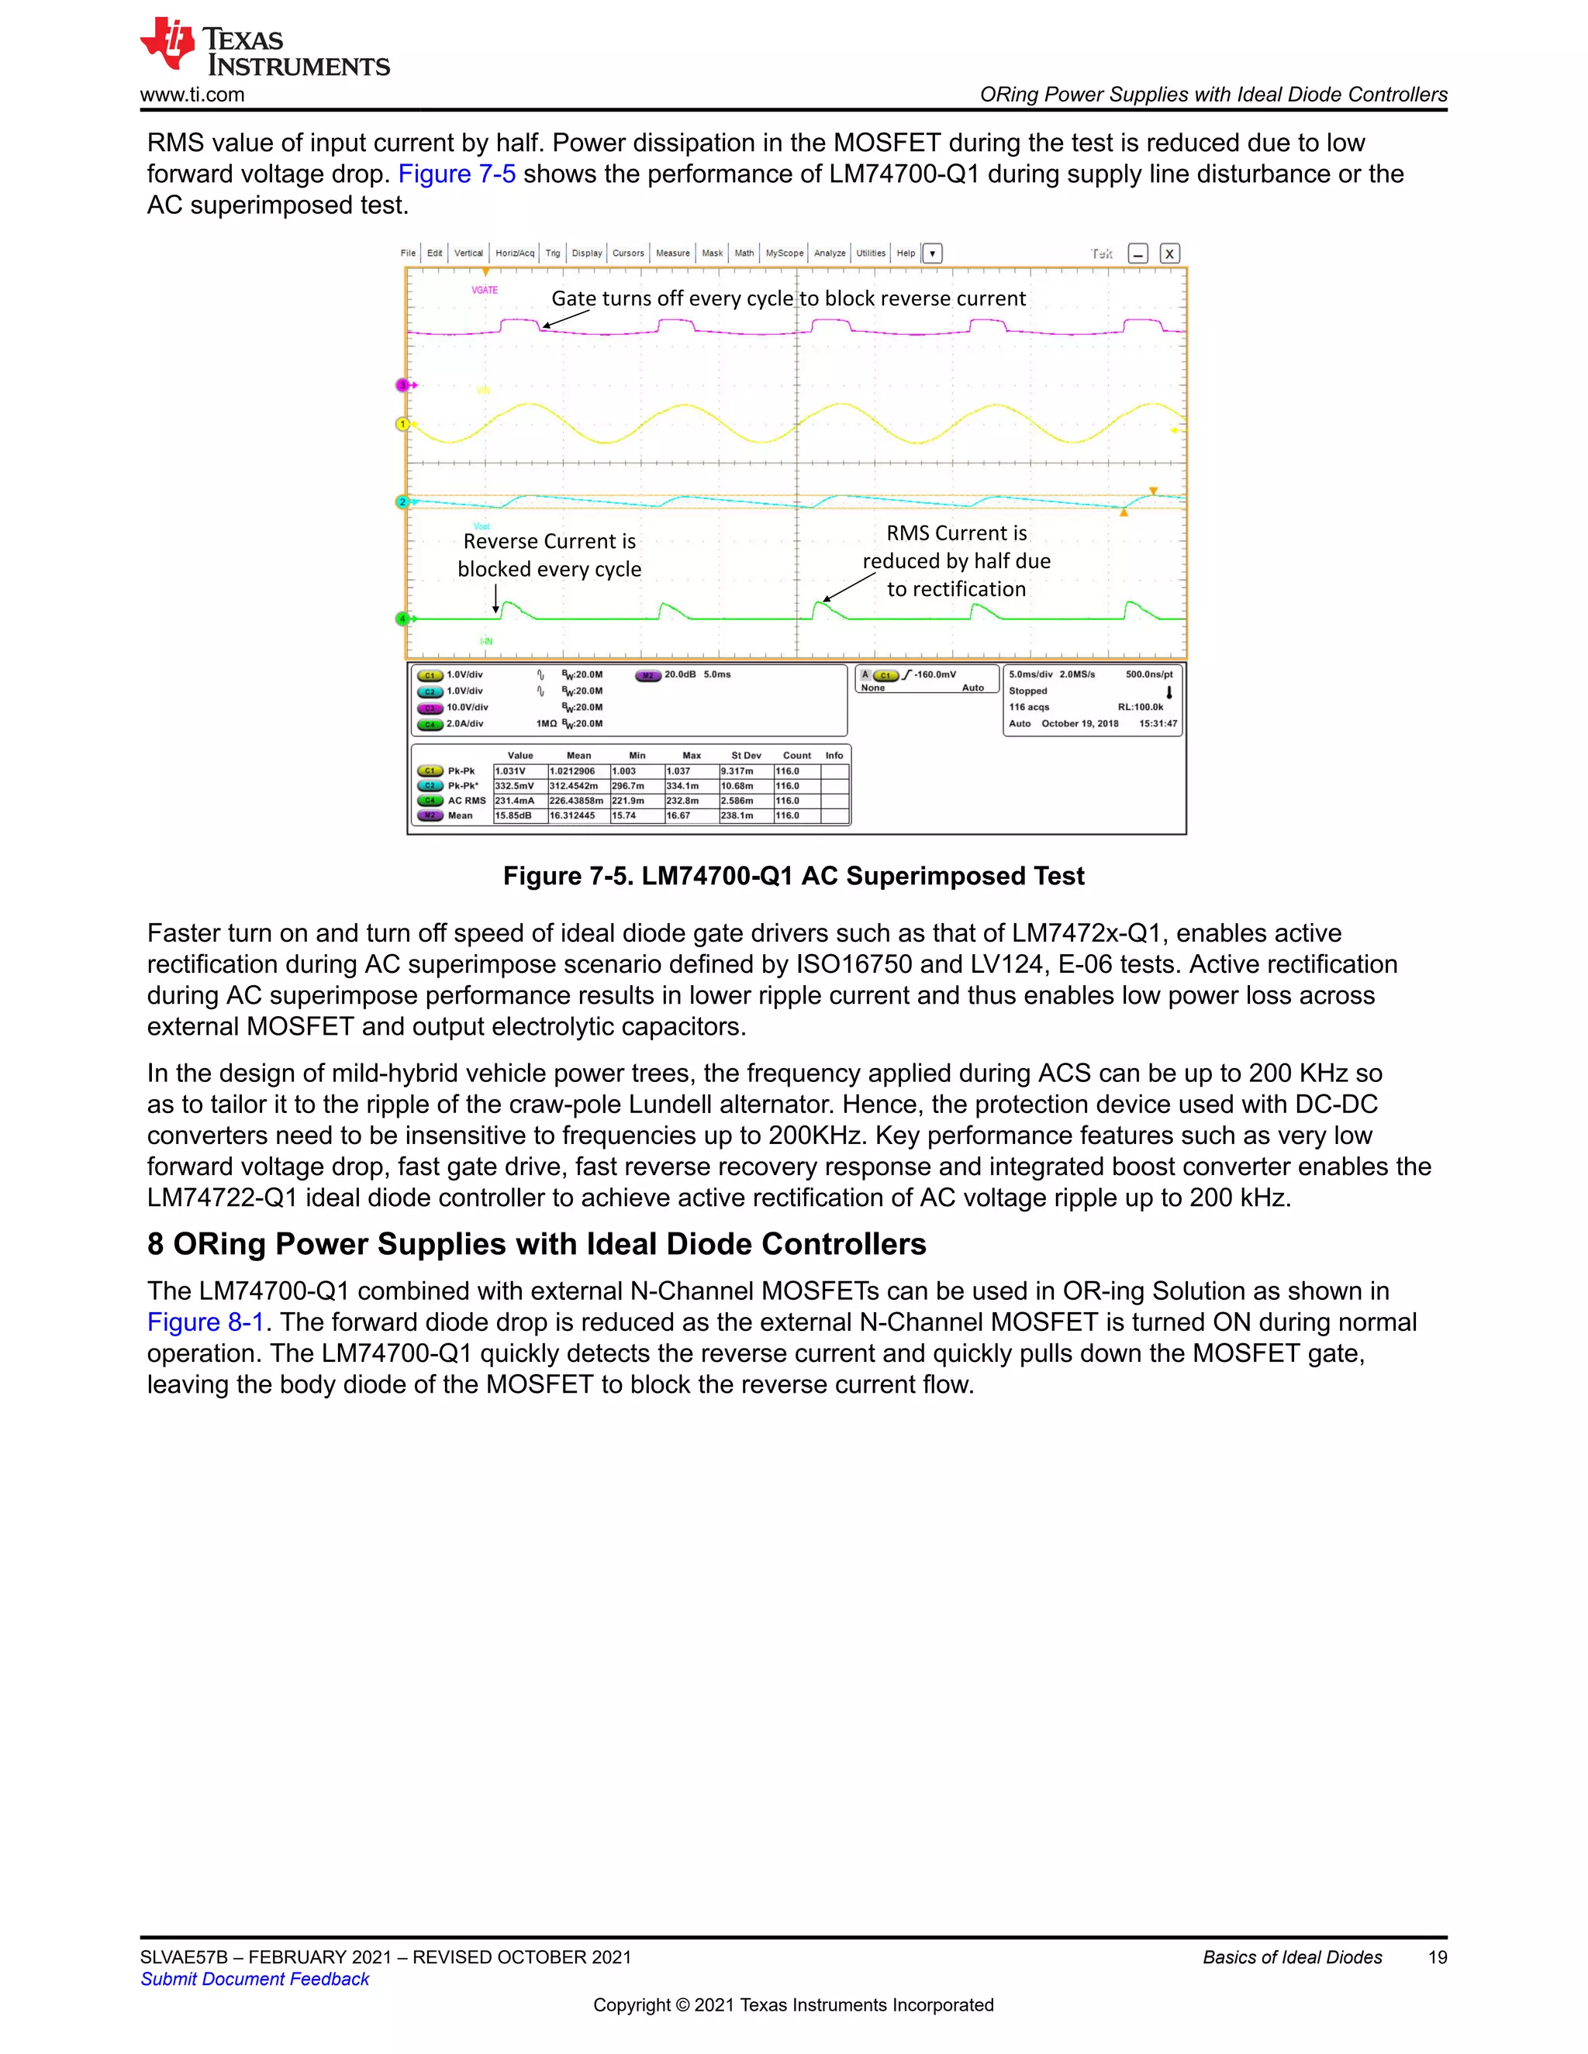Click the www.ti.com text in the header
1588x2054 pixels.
(192, 95)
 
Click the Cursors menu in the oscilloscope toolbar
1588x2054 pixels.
(627, 253)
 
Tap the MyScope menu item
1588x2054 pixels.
(784, 253)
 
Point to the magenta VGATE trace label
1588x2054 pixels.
(485, 290)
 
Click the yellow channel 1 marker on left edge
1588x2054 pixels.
(402, 424)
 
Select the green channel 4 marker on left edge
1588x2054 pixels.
(402, 619)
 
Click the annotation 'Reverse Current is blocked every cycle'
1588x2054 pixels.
(550, 555)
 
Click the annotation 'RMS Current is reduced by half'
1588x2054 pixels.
(956, 560)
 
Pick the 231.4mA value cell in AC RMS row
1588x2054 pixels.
(515, 801)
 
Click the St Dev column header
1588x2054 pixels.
(746, 755)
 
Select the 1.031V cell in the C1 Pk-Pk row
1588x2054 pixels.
(511, 770)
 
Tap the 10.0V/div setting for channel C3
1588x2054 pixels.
(467, 707)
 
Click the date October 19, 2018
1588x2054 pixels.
(1079, 723)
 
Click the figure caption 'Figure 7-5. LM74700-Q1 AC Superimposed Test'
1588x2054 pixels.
(793, 876)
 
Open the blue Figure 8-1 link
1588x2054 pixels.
(204, 1322)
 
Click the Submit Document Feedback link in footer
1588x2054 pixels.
(255, 1979)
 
